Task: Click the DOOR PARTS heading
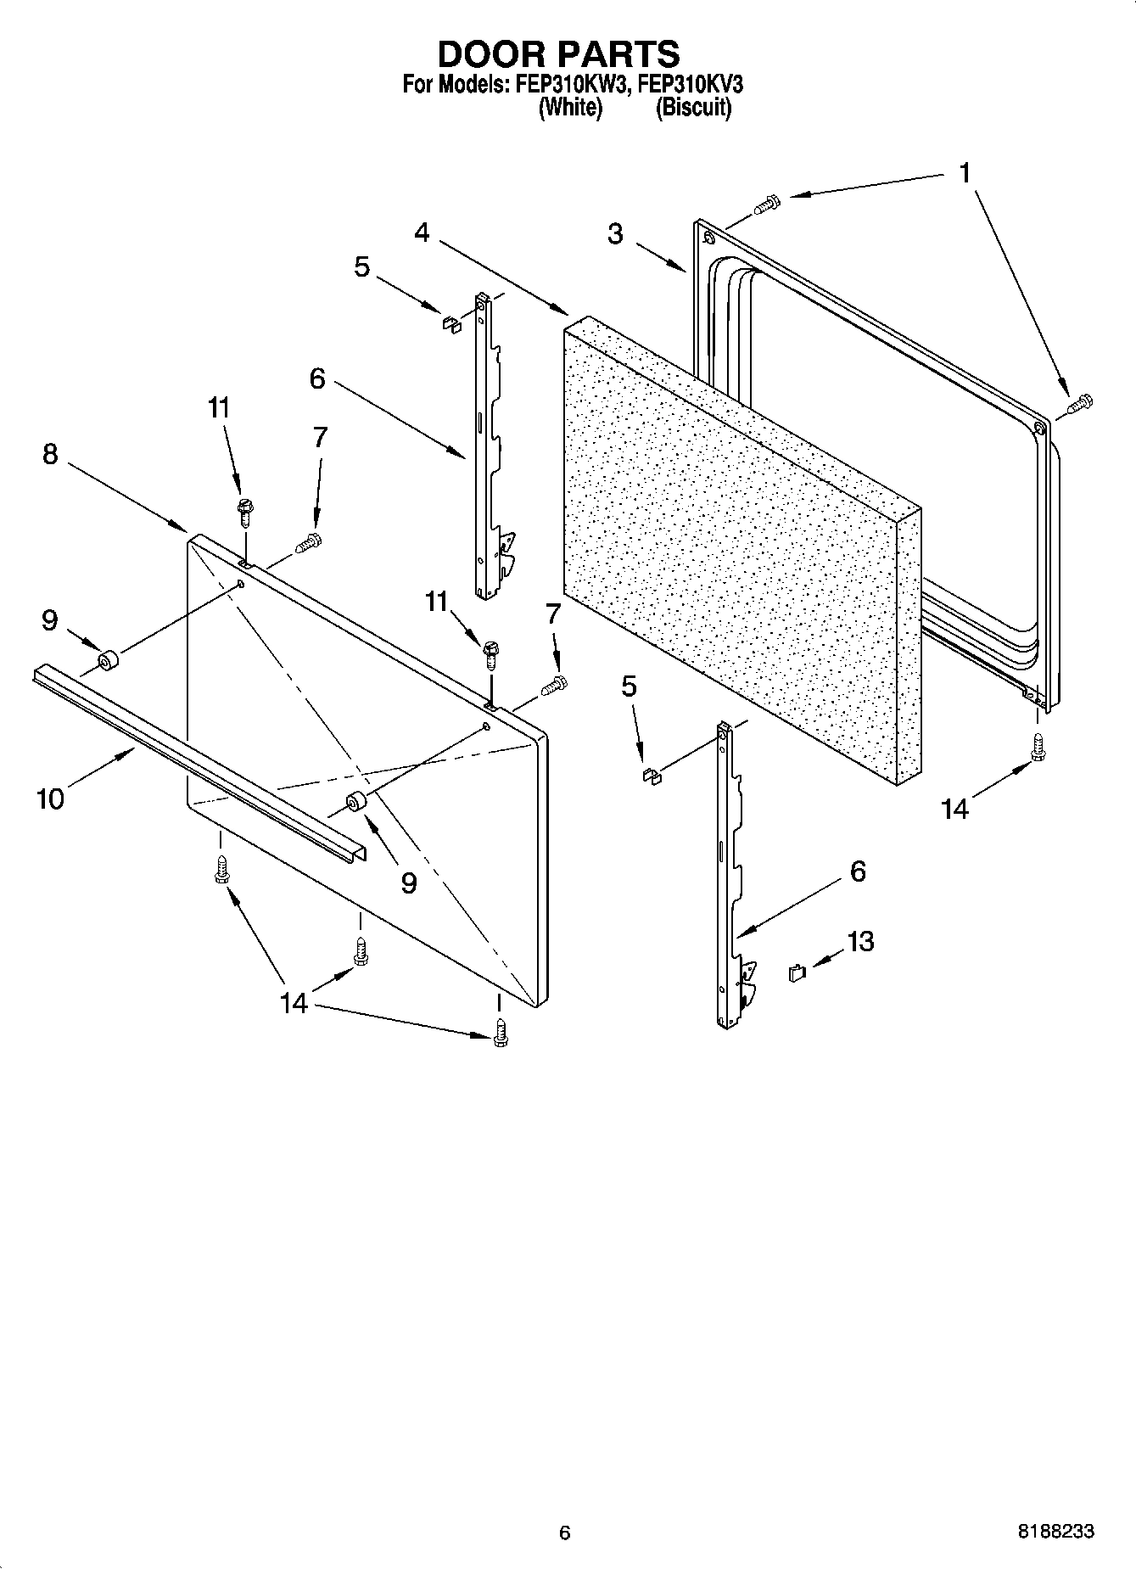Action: coord(558,53)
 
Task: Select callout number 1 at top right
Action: coord(965,173)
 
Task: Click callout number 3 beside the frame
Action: coord(615,234)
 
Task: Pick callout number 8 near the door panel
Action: coord(50,454)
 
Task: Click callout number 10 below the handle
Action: coord(50,799)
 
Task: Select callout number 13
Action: coord(860,941)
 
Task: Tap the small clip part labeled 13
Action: coord(796,973)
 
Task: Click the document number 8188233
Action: coord(1055,1532)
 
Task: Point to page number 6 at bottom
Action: coord(565,1533)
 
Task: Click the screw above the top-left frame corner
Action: coord(767,204)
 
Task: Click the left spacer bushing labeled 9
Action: coord(108,660)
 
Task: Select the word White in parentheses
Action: coord(571,108)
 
